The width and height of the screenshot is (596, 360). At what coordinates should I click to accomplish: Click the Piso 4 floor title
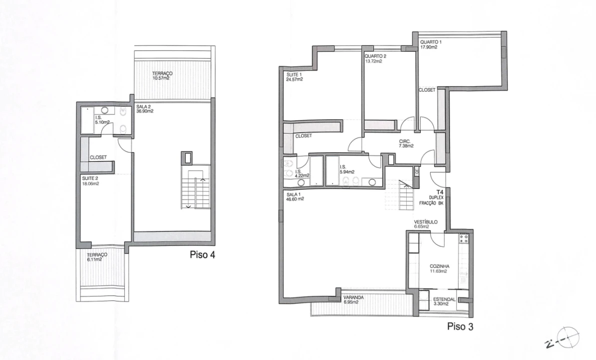coord(202,254)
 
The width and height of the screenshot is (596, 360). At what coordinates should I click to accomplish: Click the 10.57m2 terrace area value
coord(161,78)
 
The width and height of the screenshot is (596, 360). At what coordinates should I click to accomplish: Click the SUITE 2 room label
coord(90,178)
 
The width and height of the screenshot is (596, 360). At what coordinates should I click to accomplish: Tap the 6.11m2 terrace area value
coord(94,259)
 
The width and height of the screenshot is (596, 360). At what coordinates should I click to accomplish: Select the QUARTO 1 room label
coord(431,42)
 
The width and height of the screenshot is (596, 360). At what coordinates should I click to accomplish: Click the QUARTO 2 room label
coord(375,56)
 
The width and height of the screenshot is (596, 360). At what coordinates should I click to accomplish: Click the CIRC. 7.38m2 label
coord(406,144)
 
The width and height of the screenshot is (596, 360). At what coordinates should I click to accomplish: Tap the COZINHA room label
coord(440,266)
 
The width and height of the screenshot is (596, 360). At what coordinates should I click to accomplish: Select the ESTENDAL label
coord(444,299)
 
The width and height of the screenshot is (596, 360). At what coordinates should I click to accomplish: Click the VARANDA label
coord(353,298)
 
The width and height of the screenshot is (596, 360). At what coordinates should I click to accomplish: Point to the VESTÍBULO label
coord(426,221)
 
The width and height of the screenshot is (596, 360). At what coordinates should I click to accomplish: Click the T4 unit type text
coord(440,192)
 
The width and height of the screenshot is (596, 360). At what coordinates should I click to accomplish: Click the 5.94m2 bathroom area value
coord(347,172)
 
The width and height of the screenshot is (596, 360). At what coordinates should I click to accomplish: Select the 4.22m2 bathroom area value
coord(302,175)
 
